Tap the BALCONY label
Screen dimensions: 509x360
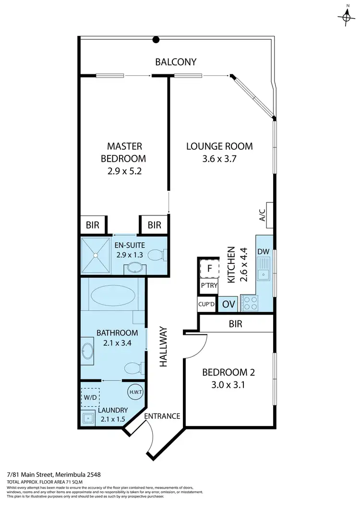click(176, 62)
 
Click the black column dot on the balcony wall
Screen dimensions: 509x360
click(156, 40)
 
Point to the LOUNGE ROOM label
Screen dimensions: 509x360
click(219, 146)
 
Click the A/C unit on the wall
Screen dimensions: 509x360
click(269, 215)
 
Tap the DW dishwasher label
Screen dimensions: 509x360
click(264, 251)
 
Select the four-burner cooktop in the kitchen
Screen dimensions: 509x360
click(250, 303)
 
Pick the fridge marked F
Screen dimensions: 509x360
click(209, 269)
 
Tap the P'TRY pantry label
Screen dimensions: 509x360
click(209, 286)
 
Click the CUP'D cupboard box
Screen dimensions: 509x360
click(207, 304)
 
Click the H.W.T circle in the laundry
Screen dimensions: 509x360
click(134, 391)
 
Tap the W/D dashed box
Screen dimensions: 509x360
click(90, 397)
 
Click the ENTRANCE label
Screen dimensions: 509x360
click(162, 416)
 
